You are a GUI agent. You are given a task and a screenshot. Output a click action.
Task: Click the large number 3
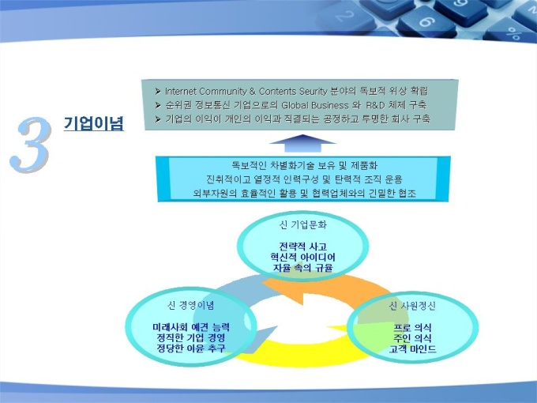(x=31, y=145)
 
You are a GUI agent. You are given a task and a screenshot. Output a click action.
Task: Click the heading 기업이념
(x=93, y=123)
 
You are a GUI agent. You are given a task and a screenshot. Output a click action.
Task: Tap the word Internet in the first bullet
(x=181, y=91)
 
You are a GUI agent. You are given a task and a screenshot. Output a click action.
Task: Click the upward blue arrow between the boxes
(x=302, y=143)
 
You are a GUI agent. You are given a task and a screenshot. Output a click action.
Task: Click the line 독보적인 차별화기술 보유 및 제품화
(x=304, y=165)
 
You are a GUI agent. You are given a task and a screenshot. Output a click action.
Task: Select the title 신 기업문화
(x=302, y=224)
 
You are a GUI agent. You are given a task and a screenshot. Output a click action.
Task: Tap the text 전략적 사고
(x=302, y=247)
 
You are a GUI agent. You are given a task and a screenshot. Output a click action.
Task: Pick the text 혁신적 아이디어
(x=302, y=257)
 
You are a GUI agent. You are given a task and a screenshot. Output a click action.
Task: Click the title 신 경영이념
(x=191, y=305)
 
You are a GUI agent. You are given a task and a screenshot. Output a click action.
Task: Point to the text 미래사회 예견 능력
(x=191, y=327)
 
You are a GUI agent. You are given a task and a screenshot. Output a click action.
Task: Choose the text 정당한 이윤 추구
(x=191, y=348)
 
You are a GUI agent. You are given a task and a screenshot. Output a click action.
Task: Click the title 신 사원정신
(x=412, y=306)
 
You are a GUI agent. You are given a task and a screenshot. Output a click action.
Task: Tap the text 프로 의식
(x=412, y=328)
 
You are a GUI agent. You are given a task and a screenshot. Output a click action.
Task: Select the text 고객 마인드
(x=412, y=349)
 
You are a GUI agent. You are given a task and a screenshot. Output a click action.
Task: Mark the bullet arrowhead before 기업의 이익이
(x=158, y=119)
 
